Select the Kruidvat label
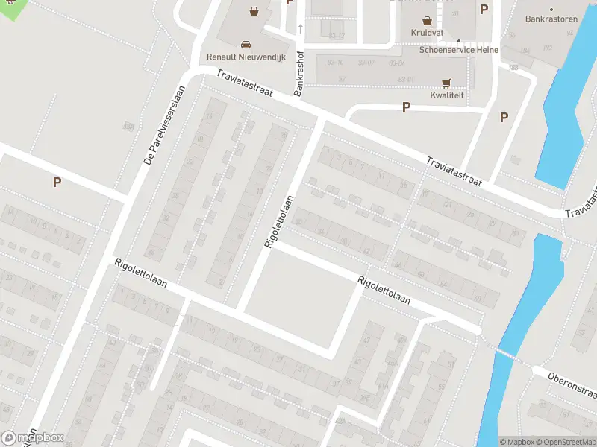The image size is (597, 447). click(427, 33)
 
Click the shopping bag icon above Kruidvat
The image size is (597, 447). click(427, 21)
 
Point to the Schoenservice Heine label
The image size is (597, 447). click(458, 50)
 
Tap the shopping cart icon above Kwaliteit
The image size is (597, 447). click(447, 83)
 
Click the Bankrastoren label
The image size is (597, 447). click(551, 19)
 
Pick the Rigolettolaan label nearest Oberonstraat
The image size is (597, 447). click(384, 289)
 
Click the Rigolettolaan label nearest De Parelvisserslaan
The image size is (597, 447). click(140, 274)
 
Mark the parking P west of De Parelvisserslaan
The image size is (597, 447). click(56, 182)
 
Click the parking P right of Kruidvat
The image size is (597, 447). click(484, 10)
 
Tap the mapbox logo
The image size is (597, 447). click(33, 438)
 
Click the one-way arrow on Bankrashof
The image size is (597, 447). click(301, 29)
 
